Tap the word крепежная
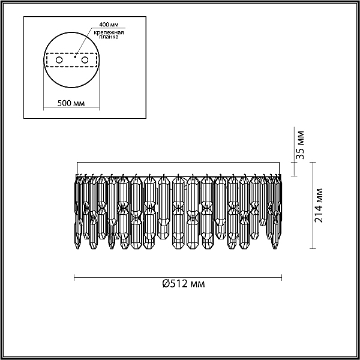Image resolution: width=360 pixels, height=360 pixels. [109, 32]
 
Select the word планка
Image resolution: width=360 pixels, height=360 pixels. [109, 37]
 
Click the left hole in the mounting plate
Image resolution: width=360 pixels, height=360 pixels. [59, 61]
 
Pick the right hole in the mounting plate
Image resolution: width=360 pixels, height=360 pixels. [85, 61]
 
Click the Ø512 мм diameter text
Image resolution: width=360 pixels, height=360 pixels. [184, 284]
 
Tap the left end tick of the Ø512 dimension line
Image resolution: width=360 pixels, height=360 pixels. [74, 277]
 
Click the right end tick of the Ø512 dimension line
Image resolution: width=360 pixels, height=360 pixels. [283, 277]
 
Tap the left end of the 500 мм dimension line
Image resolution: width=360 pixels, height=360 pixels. [45, 110]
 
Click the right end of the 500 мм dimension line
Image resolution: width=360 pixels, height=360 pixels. [99, 110]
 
